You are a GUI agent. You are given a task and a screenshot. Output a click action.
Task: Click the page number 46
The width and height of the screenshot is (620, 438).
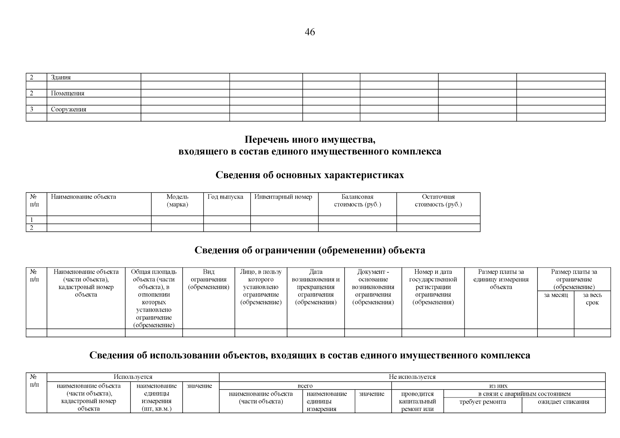(309, 32)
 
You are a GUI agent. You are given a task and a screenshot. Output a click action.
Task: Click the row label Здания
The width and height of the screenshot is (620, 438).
(61, 77)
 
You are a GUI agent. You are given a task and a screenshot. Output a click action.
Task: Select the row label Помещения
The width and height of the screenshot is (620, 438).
(68, 93)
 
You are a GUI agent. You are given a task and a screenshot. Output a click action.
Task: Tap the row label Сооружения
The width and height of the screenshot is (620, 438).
(69, 109)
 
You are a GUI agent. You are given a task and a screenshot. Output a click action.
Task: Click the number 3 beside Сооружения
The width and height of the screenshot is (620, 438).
(32, 109)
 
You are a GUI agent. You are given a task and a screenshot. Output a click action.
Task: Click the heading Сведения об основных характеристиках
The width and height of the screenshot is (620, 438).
(309, 175)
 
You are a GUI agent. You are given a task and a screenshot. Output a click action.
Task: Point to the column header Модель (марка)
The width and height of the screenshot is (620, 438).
(177, 201)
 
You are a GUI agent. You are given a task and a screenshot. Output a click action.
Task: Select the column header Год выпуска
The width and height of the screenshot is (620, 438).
(225, 197)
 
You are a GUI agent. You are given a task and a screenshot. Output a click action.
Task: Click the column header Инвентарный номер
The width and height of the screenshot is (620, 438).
(283, 197)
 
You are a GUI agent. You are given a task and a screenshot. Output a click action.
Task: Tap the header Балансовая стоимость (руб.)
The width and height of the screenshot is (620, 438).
(357, 201)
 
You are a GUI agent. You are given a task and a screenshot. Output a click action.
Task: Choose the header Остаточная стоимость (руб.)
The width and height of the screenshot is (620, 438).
(438, 201)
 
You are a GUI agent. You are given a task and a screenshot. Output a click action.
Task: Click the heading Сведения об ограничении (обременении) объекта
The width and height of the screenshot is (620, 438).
(309, 250)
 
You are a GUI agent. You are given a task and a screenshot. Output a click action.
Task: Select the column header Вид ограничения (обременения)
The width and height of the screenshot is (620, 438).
(209, 280)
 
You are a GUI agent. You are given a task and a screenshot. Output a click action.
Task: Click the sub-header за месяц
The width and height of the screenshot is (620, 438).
(556, 295)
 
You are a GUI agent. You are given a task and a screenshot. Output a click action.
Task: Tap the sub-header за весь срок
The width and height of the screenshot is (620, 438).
(592, 299)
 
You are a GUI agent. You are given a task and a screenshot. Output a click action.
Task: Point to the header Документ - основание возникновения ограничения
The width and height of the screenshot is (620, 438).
(373, 287)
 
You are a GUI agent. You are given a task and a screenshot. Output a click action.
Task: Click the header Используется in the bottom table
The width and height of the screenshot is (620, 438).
(133, 377)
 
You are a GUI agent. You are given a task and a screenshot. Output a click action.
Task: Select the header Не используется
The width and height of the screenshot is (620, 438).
(412, 377)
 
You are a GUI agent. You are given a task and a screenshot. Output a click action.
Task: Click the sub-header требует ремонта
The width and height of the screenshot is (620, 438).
(482, 402)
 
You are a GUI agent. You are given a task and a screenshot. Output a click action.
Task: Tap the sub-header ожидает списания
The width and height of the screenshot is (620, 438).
(563, 402)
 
